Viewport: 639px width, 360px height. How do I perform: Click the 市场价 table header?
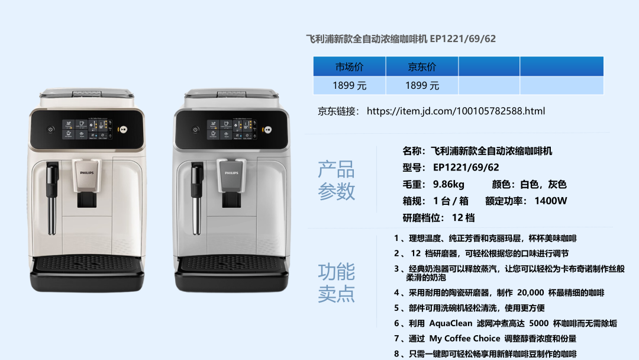(x=349, y=66)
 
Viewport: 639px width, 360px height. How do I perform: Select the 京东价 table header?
(x=422, y=66)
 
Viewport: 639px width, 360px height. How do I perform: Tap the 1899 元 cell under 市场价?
(x=349, y=86)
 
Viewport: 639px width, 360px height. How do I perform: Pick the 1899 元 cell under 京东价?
(x=422, y=86)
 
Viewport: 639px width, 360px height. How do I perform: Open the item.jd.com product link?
(x=456, y=111)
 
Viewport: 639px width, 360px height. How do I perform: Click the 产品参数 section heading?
(x=336, y=180)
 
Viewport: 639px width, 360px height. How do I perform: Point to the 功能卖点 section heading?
(x=336, y=282)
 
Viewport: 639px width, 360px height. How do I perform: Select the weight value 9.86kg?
(x=448, y=184)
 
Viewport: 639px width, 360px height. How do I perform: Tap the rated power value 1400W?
(x=551, y=201)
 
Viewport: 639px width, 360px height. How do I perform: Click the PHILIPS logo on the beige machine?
(x=86, y=173)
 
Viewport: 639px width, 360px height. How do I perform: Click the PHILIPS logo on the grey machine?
(x=231, y=173)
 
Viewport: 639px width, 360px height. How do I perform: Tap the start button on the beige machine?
(x=123, y=129)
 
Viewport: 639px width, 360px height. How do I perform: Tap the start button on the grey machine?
(x=268, y=130)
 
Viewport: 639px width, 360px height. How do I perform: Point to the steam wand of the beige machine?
(x=51, y=198)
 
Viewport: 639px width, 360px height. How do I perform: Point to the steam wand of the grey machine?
(x=197, y=198)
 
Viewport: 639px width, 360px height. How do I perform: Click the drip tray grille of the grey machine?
(x=232, y=263)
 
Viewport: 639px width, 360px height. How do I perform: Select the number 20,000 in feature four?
(x=530, y=292)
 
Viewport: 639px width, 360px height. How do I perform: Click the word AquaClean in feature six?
(x=450, y=323)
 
